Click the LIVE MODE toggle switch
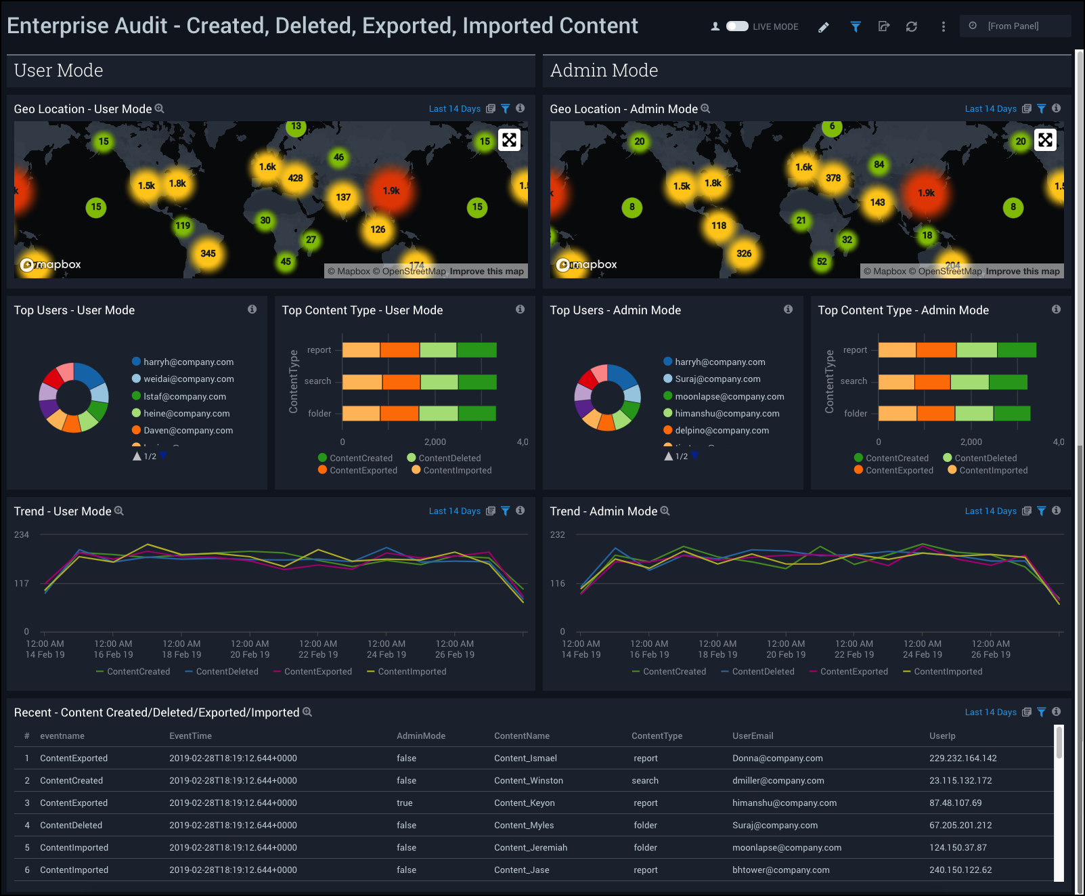(737, 26)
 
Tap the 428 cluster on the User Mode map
(296, 178)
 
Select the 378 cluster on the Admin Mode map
(833, 178)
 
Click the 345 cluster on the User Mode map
(208, 253)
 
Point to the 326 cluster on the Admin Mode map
(744, 253)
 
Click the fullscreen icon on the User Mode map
(509, 140)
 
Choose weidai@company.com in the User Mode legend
(188, 379)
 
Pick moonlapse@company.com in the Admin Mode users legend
(729, 396)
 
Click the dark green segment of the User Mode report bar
(477, 350)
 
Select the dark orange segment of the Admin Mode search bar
(932, 382)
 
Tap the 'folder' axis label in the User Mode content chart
(319, 413)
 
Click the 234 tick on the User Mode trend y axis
(22, 535)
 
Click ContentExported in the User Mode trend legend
(317, 672)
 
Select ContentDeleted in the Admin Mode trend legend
(763, 672)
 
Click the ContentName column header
(521, 736)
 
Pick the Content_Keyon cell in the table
(524, 803)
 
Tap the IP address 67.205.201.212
(960, 826)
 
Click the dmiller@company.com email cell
(778, 781)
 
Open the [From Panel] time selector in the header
(1013, 26)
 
